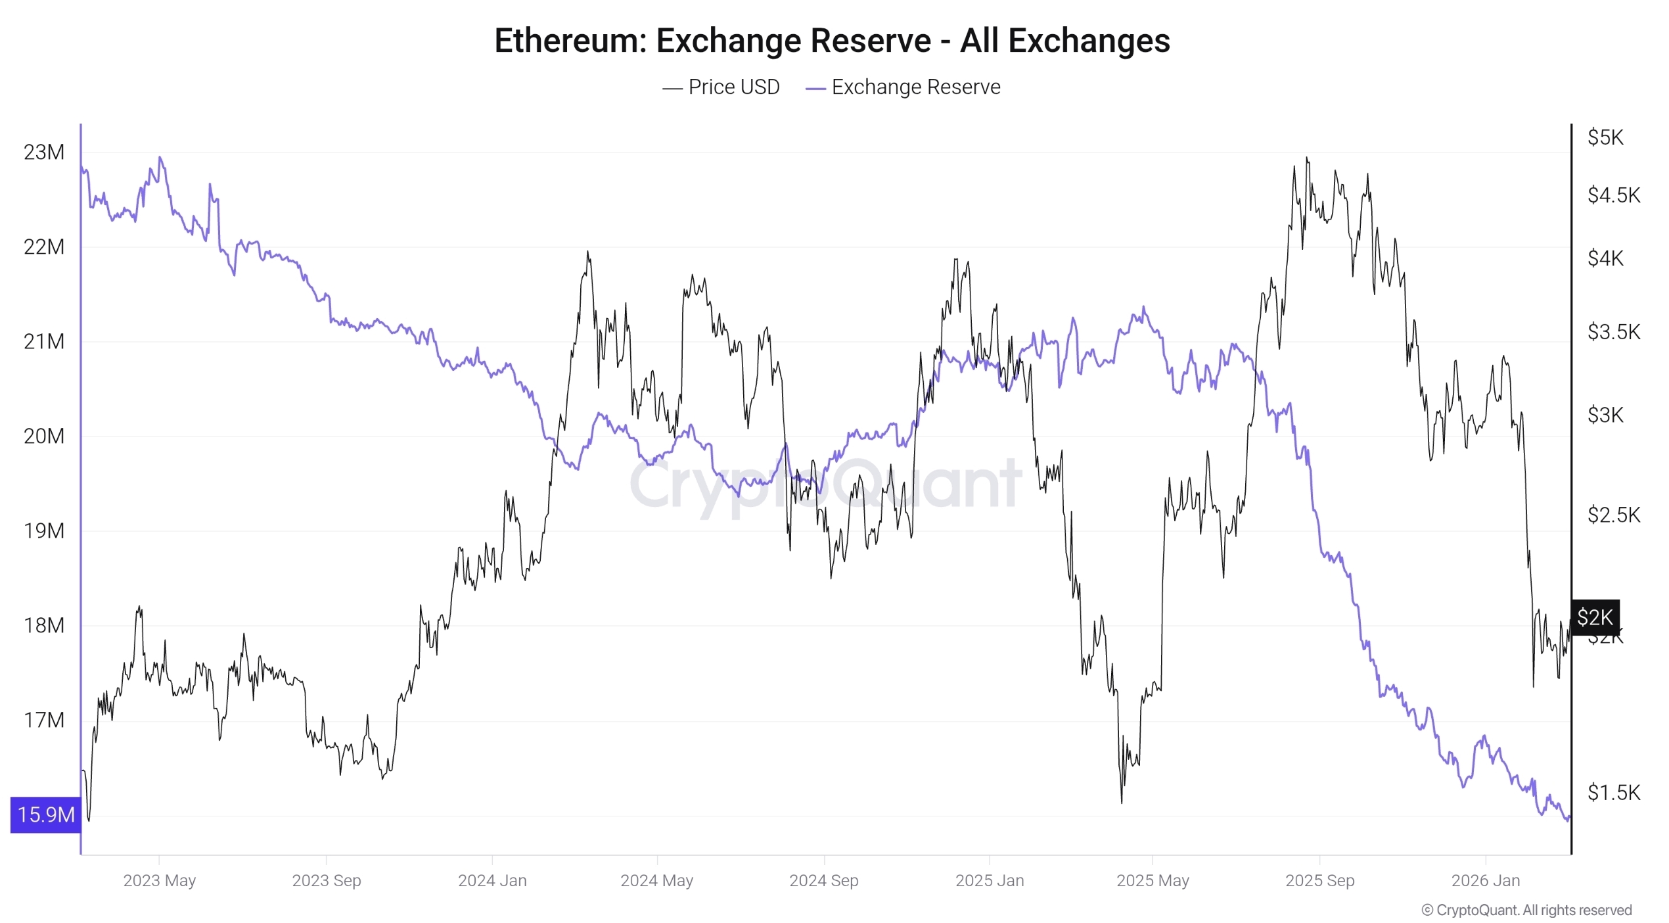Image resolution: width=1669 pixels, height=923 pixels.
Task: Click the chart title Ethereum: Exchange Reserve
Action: [832, 41]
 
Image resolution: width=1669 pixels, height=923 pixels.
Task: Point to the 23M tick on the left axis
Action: [44, 153]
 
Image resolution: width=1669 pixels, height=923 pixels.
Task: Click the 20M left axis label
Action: [44, 437]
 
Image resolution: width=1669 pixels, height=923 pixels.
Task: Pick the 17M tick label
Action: [44, 721]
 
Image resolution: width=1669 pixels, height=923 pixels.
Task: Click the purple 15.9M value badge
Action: [46, 815]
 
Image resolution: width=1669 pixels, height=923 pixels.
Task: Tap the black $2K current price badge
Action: [1595, 617]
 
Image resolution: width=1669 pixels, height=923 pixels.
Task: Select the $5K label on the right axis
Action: [1605, 137]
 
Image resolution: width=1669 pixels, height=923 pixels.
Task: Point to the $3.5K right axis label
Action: [1613, 332]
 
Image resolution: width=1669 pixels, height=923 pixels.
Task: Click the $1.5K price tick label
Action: [1613, 793]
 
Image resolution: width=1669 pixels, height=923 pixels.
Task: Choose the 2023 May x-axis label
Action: [159, 881]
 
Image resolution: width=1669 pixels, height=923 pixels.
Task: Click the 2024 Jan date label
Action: [492, 881]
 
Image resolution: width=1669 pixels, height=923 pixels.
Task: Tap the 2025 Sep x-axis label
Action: [1319, 881]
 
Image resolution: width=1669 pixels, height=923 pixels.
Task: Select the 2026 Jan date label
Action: [1485, 881]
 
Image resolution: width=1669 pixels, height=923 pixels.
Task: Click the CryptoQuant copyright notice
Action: [1526, 911]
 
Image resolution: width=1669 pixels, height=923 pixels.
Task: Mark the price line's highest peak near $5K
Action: [1306, 158]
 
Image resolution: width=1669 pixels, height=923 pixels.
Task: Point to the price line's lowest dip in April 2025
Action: [1122, 802]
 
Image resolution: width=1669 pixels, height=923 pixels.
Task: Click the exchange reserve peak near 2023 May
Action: [160, 158]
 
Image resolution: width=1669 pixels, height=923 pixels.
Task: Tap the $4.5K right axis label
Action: [1613, 195]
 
